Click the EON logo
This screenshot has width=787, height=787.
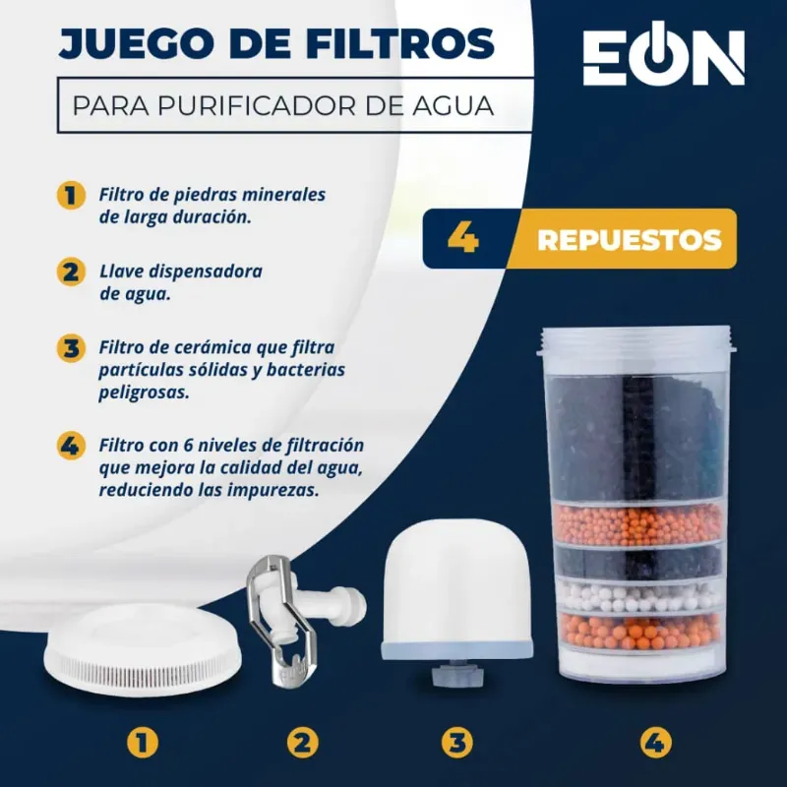(x=663, y=59)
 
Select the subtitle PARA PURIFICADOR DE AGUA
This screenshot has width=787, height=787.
(x=282, y=104)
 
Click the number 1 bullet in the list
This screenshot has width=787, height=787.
(x=69, y=194)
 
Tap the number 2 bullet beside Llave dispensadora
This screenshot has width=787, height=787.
(x=69, y=272)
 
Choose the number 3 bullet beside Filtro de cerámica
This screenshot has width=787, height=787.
(x=69, y=348)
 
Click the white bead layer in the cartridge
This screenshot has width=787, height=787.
(x=635, y=596)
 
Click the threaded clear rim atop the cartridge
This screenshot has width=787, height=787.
(x=635, y=339)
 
